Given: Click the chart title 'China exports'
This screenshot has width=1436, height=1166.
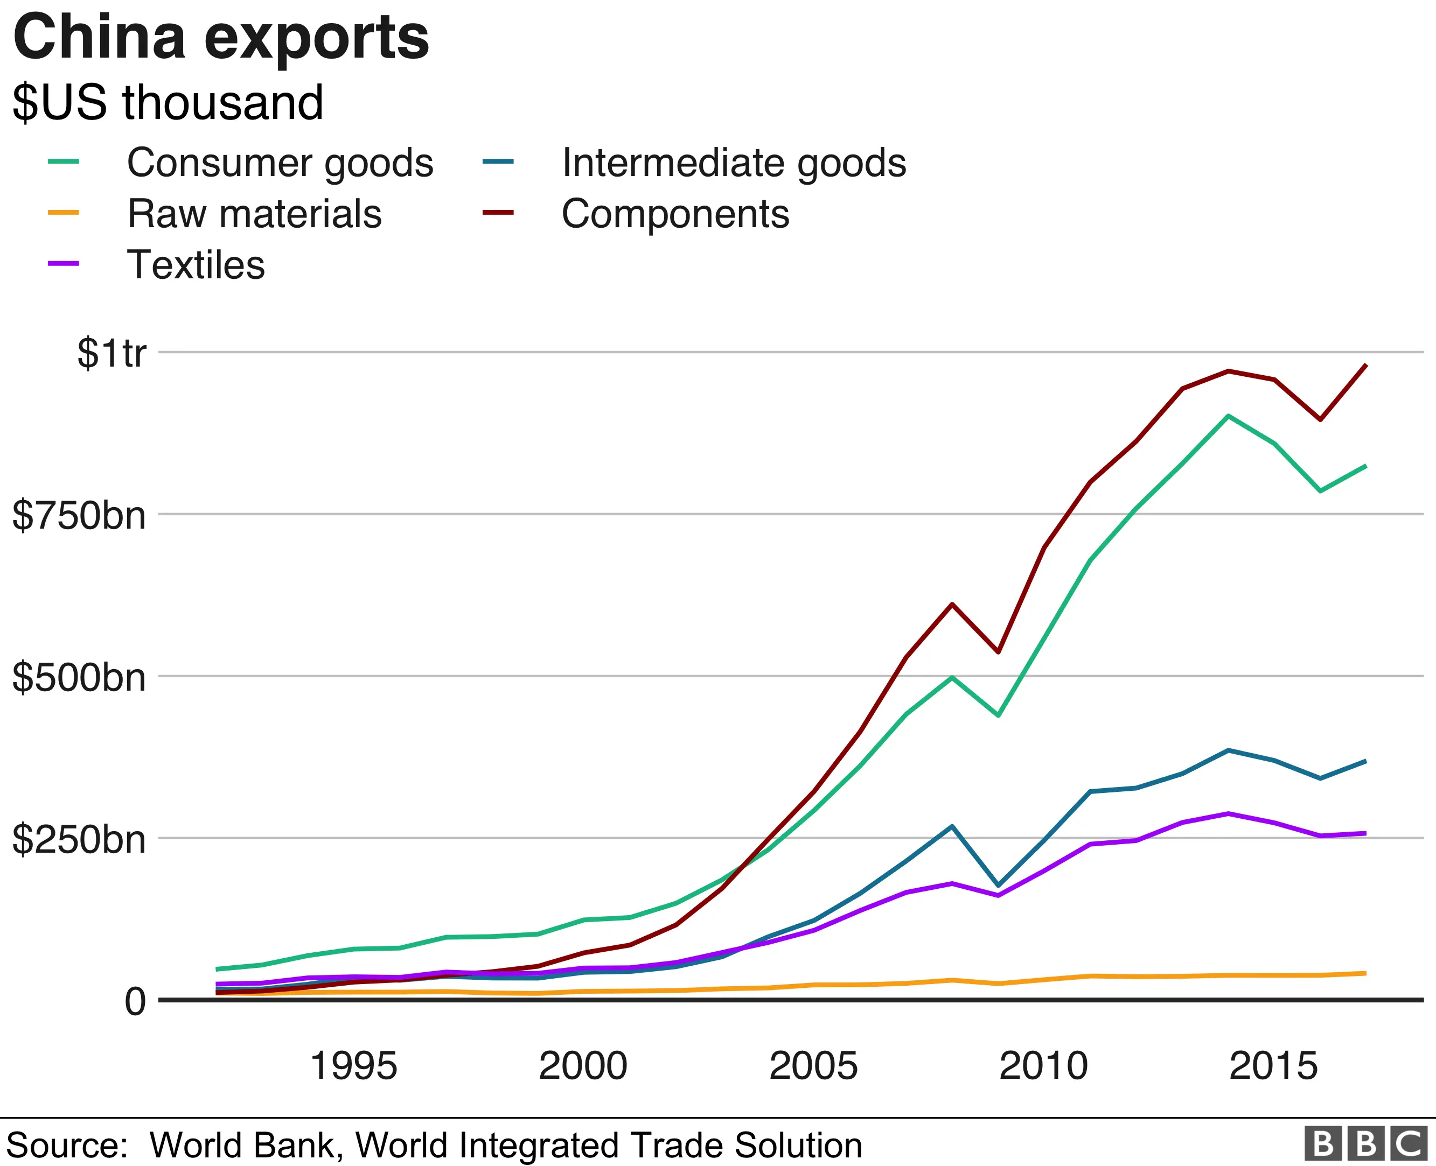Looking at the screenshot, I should [220, 38].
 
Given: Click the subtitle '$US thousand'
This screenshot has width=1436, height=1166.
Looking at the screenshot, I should [168, 103].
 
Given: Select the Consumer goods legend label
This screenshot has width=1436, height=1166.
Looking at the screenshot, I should [280, 163].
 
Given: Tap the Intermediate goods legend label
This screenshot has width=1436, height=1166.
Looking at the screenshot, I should [734, 163].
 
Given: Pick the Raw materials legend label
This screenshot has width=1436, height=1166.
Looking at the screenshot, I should [255, 214].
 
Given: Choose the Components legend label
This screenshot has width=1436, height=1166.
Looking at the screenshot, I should [675, 214].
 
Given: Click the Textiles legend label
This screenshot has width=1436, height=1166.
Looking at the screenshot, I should [196, 265].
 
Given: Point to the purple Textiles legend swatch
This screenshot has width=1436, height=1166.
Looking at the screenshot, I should [64, 263].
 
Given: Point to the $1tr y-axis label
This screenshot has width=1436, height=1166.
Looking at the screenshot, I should [111, 353].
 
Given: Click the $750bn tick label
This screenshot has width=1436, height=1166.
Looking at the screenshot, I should [79, 516].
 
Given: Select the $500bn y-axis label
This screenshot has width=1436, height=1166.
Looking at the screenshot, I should [79, 677].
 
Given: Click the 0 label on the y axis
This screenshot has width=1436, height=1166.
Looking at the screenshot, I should [135, 1001].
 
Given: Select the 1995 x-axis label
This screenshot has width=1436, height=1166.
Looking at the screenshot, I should [353, 1066].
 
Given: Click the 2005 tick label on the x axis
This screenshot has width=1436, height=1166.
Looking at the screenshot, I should [813, 1066].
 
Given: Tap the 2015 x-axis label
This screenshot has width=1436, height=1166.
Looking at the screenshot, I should [1273, 1066].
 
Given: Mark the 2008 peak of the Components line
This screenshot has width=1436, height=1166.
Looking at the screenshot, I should [952, 605].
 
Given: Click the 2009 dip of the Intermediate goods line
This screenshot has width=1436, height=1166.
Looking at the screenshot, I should [999, 885].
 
